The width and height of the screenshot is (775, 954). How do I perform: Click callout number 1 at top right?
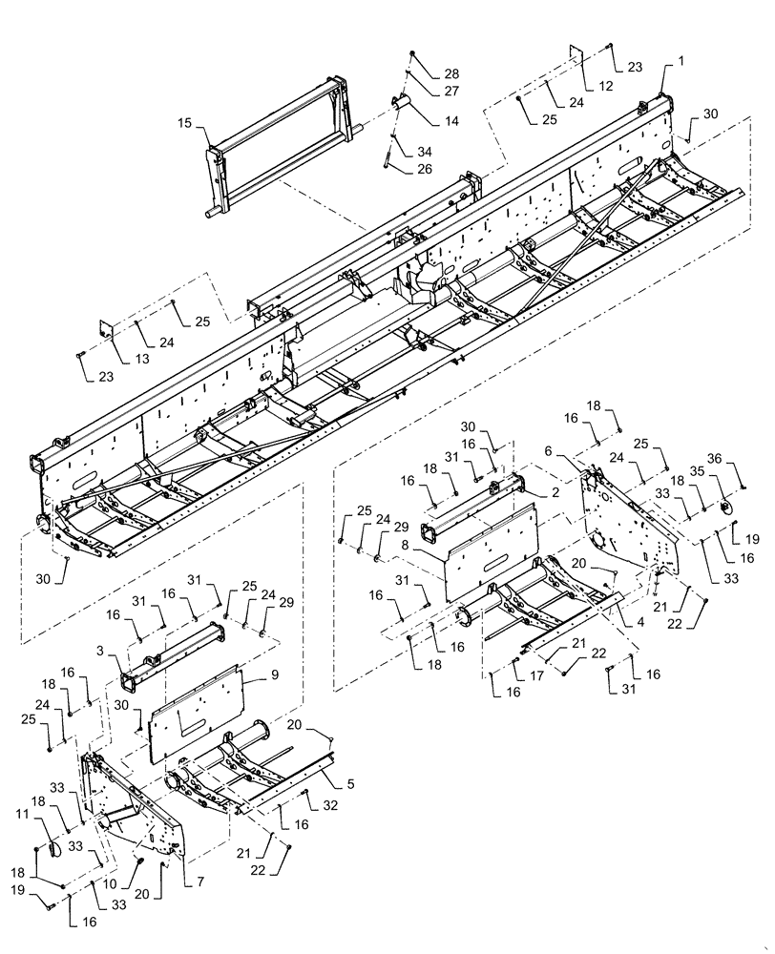[x=681, y=61]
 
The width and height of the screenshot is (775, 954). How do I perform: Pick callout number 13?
[x=116, y=359]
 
